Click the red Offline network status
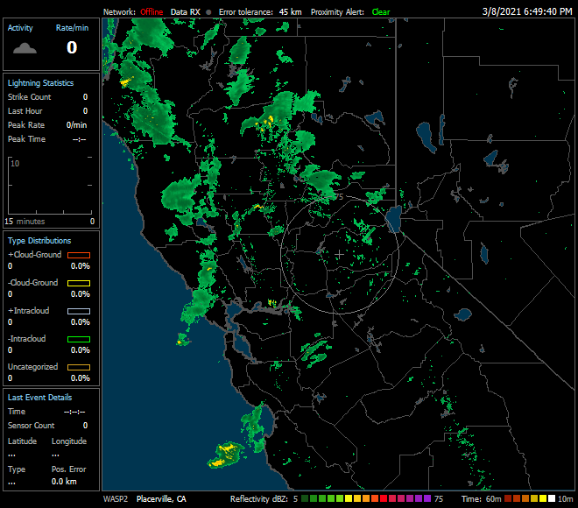(152, 12)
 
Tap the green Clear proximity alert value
(381, 12)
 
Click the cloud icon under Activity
(25, 47)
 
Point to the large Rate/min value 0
(72, 47)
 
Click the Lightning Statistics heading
(40, 82)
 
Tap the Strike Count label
(30, 97)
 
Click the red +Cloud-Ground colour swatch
(79, 255)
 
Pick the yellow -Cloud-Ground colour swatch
(79, 283)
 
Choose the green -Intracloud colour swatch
(79, 339)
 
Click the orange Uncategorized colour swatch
(79, 367)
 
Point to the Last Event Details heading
(40, 397)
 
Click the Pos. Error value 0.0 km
(64, 482)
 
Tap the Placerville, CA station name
(161, 498)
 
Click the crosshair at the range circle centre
(339, 254)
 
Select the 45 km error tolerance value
(290, 12)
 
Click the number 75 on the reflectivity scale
(440, 498)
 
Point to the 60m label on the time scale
(494, 498)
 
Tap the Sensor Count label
(31, 425)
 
